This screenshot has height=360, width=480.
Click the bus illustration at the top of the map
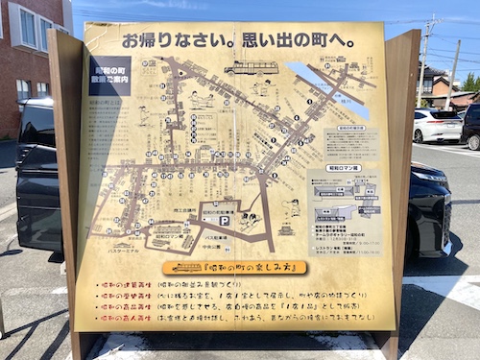click(251, 68)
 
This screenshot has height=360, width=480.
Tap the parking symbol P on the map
click(224, 220)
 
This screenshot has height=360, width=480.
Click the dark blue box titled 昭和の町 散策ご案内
click(109, 75)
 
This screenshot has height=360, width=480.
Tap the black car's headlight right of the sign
click(428, 177)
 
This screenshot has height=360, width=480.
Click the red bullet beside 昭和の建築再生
click(98, 285)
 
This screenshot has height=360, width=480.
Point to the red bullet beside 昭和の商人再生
click(98, 317)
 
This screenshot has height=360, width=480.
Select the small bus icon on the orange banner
click(185, 268)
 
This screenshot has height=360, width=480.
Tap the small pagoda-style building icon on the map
click(286, 228)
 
